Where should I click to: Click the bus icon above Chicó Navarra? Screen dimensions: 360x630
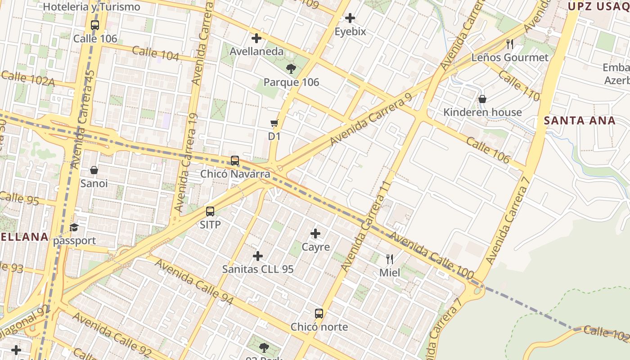pos(235,161)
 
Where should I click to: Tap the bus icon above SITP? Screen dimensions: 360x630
pos(210,211)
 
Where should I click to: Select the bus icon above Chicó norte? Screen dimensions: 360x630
pos(319,313)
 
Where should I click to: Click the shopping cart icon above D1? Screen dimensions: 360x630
pos(274,123)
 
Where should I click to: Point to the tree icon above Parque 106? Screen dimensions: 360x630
pos(291,69)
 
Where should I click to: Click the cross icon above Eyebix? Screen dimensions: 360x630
pos(350,18)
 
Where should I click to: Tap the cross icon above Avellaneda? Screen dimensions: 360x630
pos(256,38)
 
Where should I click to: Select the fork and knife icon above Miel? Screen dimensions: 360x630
pos(390,259)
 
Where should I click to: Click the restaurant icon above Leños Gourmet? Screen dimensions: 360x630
pos(510,44)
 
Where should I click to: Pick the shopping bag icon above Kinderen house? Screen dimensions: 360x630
pos(482,99)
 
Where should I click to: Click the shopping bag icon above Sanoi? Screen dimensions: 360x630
pos(94,170)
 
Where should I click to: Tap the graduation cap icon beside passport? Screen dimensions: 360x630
pos(74,228)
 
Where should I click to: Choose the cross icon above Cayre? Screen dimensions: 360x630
pos(315,234)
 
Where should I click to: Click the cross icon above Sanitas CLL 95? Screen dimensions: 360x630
pos(258,256)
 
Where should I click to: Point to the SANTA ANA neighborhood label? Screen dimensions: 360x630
pos(579,121)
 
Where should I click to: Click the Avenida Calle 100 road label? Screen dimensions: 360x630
pos(432,255)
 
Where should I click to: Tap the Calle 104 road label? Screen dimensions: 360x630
pos(156,54)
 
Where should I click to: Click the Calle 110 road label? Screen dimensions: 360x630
pos(519,85)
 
